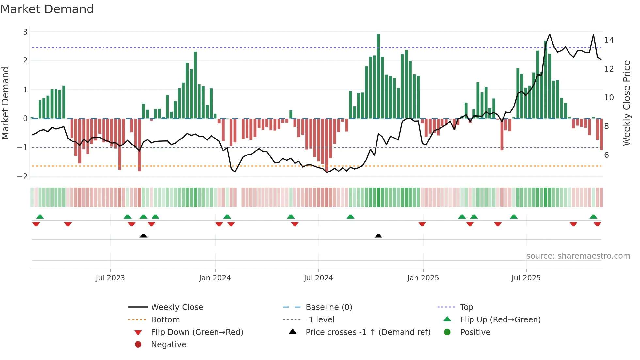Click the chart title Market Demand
coord(47,9)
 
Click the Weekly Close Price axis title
coord(626,103)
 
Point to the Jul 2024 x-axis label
coord(318,278)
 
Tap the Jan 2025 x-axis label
coord(423,278)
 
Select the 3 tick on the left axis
coord(25,32)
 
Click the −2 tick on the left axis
coord(22,177)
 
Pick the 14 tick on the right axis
coord(609,40)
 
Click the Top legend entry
coord(466,307)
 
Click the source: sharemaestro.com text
coord(578,256)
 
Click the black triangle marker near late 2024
coord(378,236)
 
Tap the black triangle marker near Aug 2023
coord(143,236)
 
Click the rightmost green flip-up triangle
coord(593,217)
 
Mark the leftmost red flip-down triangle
coord(36,224)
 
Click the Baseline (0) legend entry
coord(328,307)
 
